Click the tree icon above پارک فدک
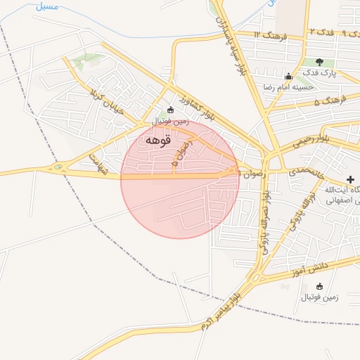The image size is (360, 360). (320, 63)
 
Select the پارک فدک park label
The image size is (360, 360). (320, 72)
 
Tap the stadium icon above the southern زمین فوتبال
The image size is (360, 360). (320, 286)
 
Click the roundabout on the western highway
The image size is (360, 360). (58, 168)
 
